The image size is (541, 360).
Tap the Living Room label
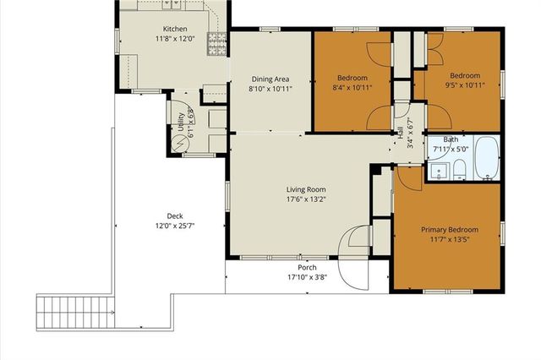click(x=305, y=189)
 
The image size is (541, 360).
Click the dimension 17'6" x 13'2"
click(x=305, y=200)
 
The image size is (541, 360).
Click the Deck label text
click(x=150, y=215)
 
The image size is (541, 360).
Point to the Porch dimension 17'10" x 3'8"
click(x=306, y=277)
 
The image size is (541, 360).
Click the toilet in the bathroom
click(x=457, y=172)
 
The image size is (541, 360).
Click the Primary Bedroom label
click(x=450, y=229)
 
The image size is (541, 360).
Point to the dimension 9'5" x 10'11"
click(x=464, y=85)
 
